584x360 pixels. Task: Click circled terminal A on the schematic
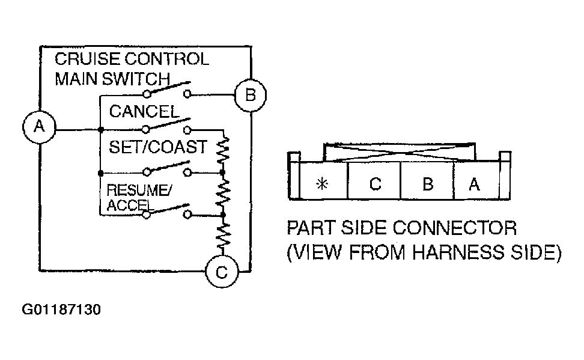point(39,127)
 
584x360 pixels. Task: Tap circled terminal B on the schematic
point(251,95)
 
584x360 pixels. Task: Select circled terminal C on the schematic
point(222,271)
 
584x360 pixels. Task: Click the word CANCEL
point(144,111)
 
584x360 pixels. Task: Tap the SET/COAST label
point(157,147)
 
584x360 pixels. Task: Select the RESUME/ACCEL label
point(139,197)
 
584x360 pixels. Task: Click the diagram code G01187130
point(61,310)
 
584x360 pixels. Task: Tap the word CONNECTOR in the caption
point(455,228)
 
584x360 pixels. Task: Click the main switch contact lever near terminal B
point(168,88)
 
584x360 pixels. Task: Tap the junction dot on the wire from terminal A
point(100,130)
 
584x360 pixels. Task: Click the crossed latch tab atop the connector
point(400,152)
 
